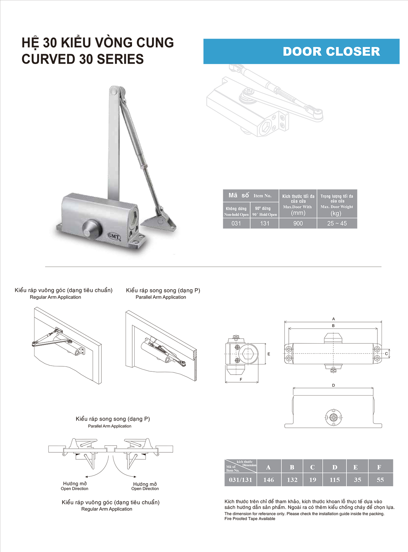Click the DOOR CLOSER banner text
click(x=331, y=52)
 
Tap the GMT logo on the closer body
click(x=114, y=236)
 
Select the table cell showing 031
click(x=236, y=223)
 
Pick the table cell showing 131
click(x=265, y=223)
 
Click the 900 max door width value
click(x=298, y=223)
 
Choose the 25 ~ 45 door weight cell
click(x=337, y=223)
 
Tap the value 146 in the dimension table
click(x=269, y=480)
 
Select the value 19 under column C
click(x=313, y=480)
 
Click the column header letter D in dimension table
click(x=335, y=467)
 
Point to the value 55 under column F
click(x=380, y=480)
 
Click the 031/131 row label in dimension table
click(x=240, y=480)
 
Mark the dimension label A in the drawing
click(x=333, y=319)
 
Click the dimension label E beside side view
click(x=269, y=354)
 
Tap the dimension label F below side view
click(x=241, y=379)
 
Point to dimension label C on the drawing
click(x=386, y=354)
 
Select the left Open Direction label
click(x=75, y=489)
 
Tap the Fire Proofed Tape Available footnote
click(x=250, y=519)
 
